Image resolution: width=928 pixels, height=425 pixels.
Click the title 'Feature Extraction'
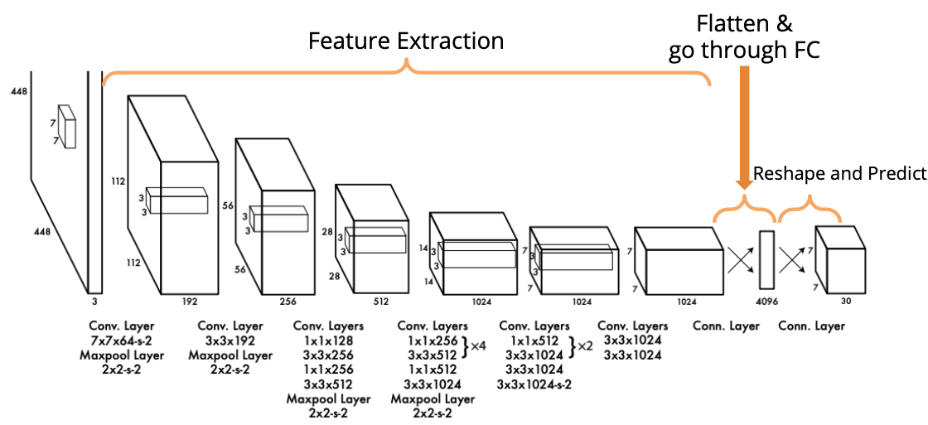(x=406, y=41)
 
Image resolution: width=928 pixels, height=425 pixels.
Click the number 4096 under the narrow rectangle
(x=766, y=302)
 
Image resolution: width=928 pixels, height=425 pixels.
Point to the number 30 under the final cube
(x=846, y=301)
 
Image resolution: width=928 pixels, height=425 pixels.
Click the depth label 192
(x=190, y=302)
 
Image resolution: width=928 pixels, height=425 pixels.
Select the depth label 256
(x=287, y=302)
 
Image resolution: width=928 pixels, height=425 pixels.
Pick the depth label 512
(x=380, y=302)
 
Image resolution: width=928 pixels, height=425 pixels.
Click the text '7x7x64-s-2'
(x=123, y=340)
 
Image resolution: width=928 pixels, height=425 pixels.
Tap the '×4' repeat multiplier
(x=477, y=346)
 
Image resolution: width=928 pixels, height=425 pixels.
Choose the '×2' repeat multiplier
(x=584, y=346)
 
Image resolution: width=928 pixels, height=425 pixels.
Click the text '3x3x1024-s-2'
(x=534, y=384)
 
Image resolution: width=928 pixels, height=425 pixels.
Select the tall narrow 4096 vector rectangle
(x=766, y=260)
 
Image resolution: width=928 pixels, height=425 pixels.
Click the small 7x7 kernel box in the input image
(x=67, y=126)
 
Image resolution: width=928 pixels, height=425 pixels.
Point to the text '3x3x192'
(x=230, y=340)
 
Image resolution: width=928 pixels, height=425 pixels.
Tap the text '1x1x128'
(x=328, y=340)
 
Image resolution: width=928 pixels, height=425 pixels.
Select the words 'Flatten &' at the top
(x=744, y=24)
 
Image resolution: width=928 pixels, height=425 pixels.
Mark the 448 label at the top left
(x=18, y=92)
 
